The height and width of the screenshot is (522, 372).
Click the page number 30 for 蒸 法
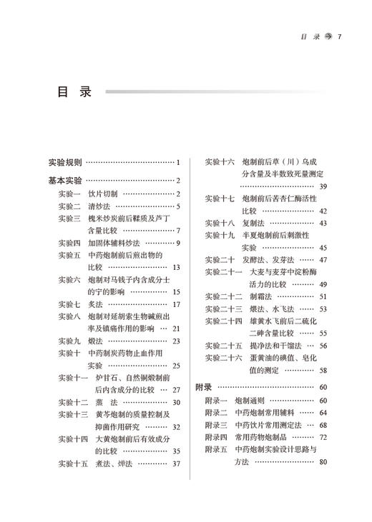point(176,403)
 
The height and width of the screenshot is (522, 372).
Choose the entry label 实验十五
point(72,464)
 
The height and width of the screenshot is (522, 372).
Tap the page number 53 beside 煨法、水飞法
point(323,309)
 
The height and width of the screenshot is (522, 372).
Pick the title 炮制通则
point(253,400)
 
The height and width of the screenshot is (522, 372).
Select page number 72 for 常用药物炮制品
point(323,437)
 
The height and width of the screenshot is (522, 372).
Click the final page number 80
point(323,462)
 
